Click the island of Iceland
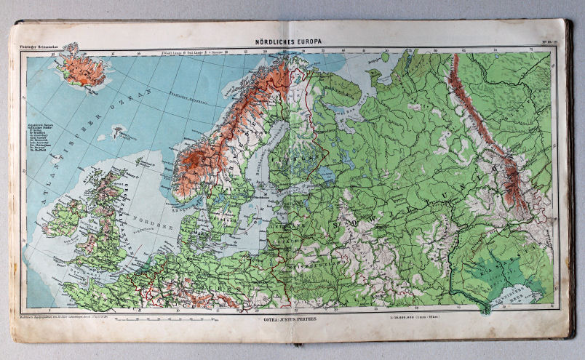[x=82, y=70]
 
